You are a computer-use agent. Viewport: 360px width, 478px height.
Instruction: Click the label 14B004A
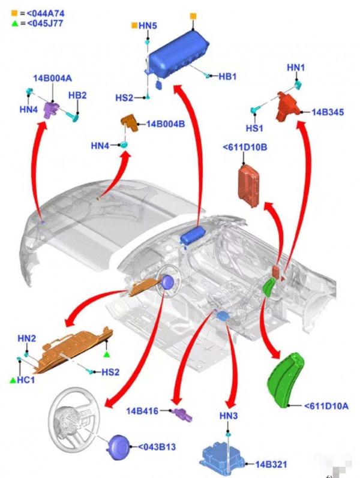click(52, 79)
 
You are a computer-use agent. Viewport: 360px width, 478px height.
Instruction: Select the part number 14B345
click(328, 112)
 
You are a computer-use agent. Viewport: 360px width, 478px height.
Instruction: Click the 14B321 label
click(272, 464)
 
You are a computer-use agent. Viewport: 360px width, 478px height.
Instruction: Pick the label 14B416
click(142, 411)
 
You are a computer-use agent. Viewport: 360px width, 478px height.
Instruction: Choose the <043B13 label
click(158, 447)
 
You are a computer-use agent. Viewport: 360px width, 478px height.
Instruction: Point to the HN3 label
click(229, 416)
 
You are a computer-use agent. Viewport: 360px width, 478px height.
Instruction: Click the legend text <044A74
click(41, 13)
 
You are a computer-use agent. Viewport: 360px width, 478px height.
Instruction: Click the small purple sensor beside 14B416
click(181, 413)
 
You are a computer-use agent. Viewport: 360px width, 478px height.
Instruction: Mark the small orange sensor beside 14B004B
click(129, 123)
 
